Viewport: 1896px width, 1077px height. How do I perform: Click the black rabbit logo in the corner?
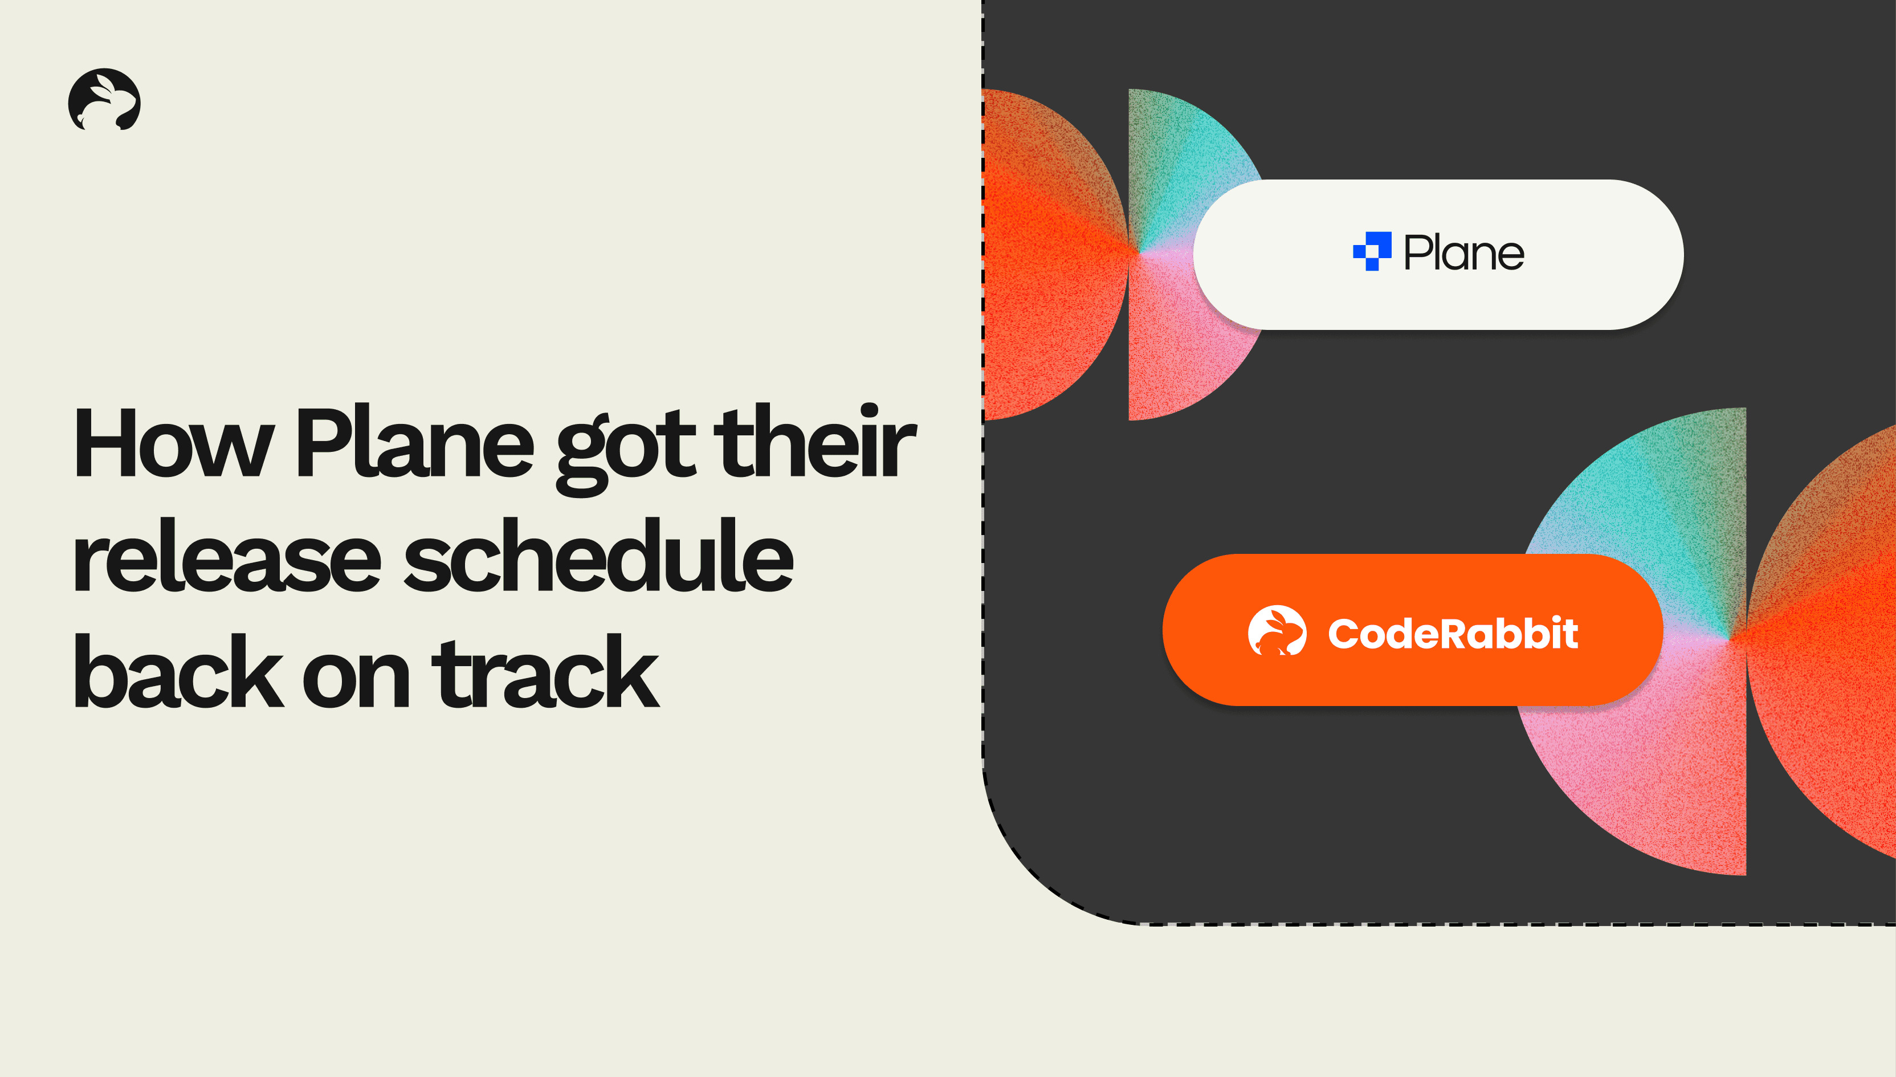coord(104,100)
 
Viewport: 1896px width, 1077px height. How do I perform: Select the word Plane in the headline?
coord(414,442)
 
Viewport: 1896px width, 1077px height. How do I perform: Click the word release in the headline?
coord(226,556)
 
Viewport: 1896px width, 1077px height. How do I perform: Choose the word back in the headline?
coord(178,671)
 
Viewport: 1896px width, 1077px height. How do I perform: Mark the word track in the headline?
coord(545,671)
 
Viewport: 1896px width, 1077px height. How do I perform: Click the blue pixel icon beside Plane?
coord(1372,251)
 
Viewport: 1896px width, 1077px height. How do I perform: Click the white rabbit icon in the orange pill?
coord(1277,631)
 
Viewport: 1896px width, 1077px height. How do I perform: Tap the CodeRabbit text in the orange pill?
coord(1453,633)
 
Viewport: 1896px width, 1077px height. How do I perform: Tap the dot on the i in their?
coord(869,410)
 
